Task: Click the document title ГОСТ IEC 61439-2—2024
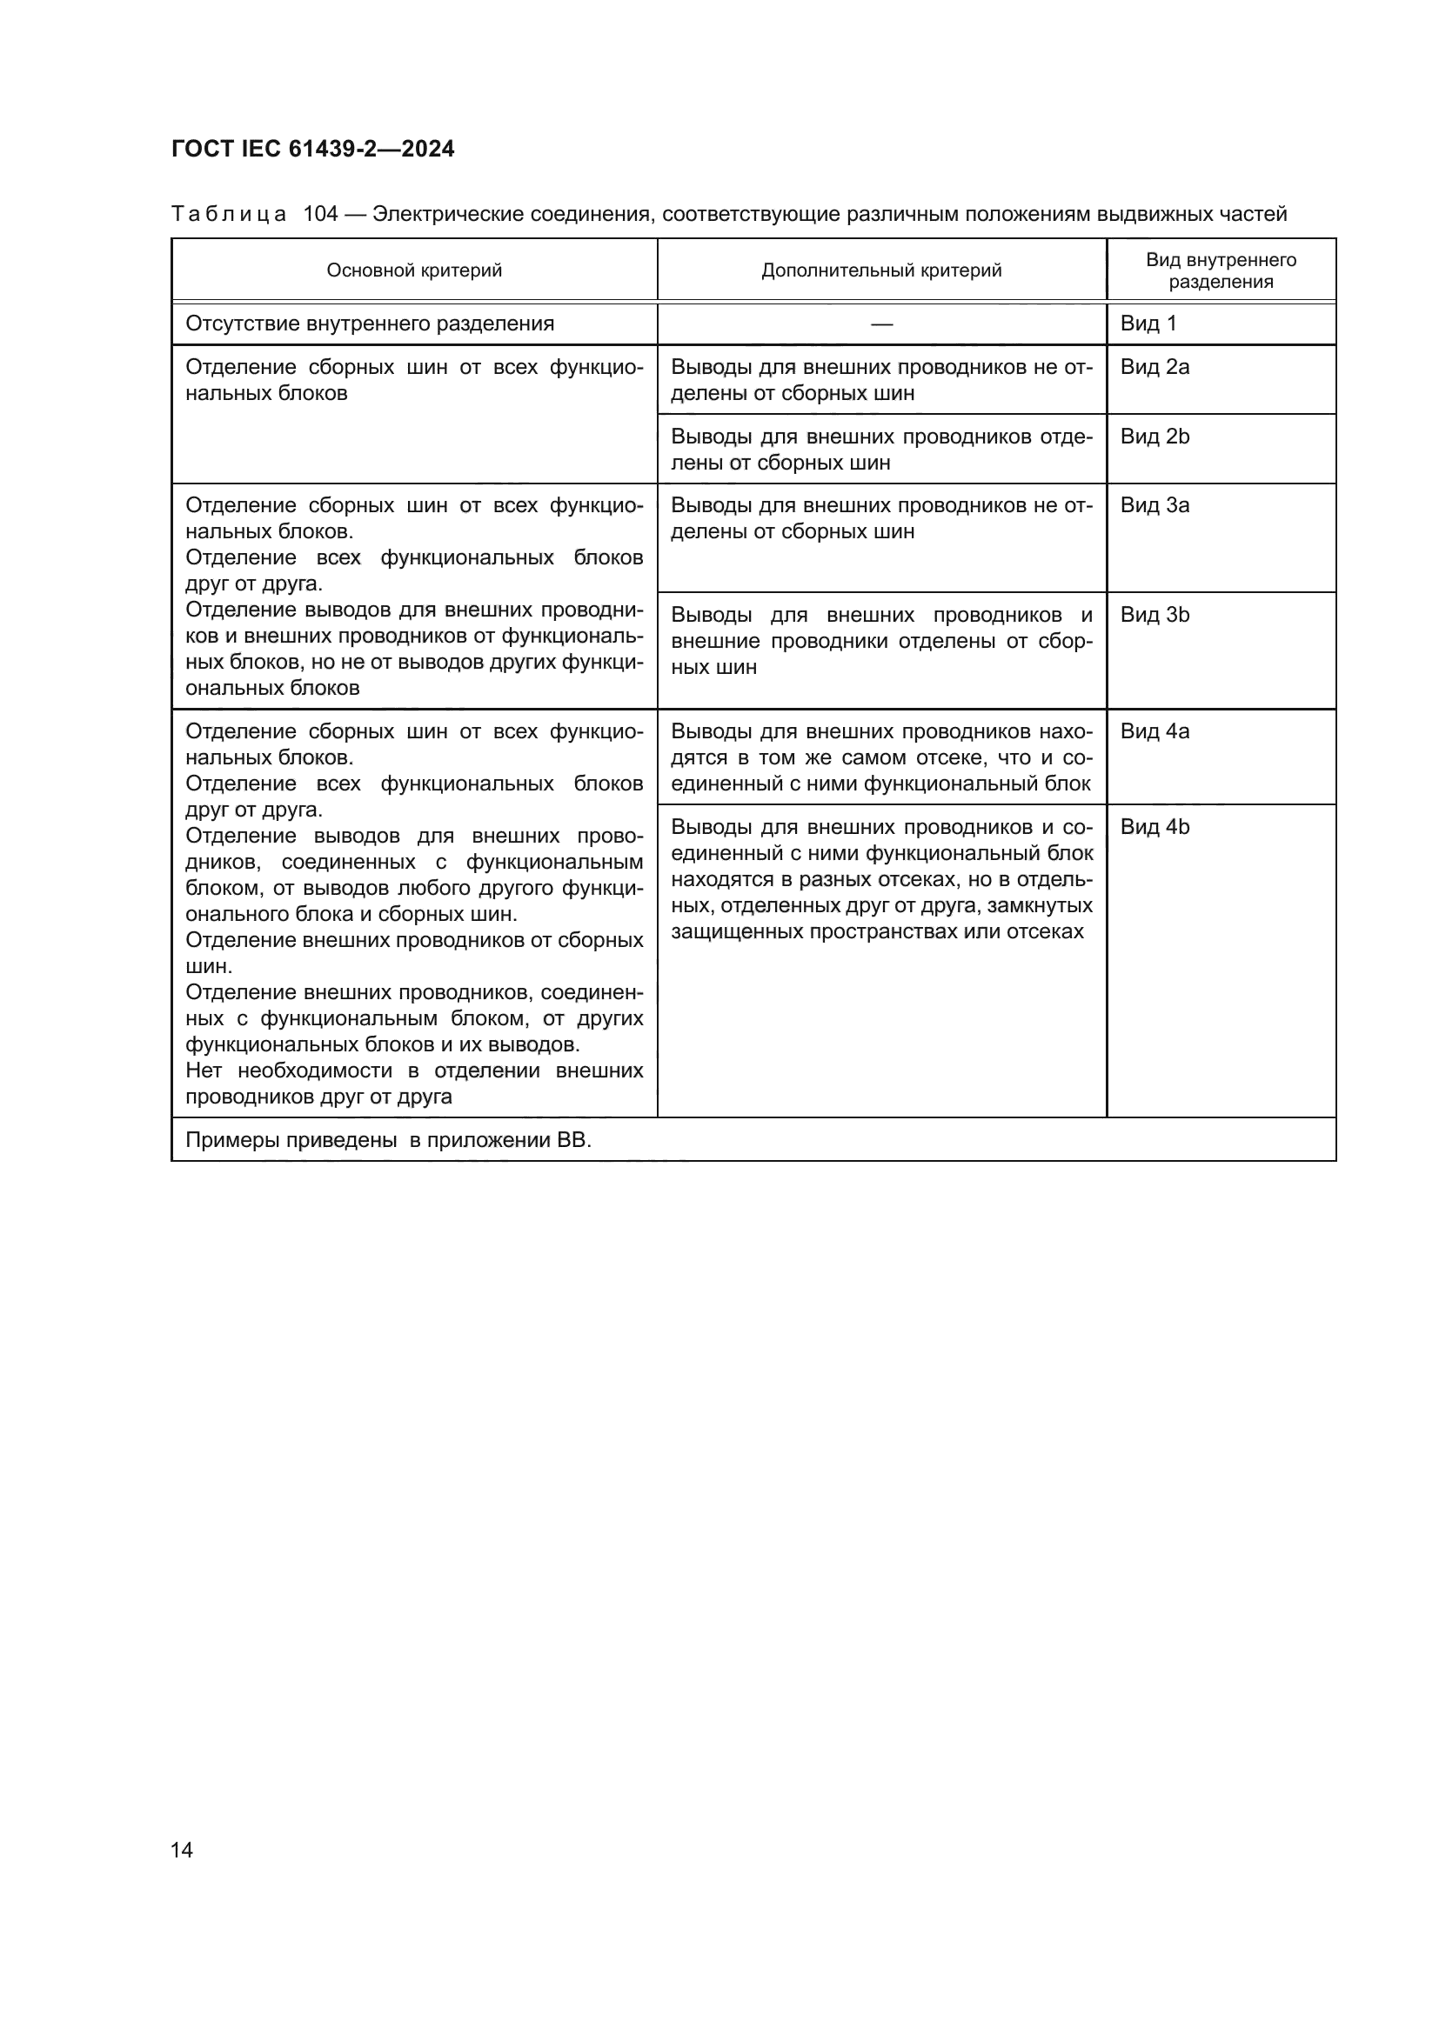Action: click(313, 149)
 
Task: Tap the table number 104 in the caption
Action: click(321, 215)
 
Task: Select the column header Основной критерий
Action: click(414, 270)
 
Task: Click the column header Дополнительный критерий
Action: click(881, 270)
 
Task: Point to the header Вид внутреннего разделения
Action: click(1221, 270)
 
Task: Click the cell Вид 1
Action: click(1148, 323)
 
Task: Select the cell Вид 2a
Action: click(1155, 367)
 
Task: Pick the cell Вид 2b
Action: click(1155, 436)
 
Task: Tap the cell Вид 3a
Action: click(1155, 505)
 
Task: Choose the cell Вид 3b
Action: click(1155, 615)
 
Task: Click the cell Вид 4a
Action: click(1155, 730)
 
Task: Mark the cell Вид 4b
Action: click(1155, 826)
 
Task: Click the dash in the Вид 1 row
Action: click(881, 324)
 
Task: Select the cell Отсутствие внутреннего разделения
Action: click(370, 323)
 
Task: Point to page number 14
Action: click(182, 1850)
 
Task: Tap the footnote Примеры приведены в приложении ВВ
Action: click(388, 1140)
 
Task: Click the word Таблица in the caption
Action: click(229, 215)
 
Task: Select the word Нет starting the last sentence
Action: click(203, 1070)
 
